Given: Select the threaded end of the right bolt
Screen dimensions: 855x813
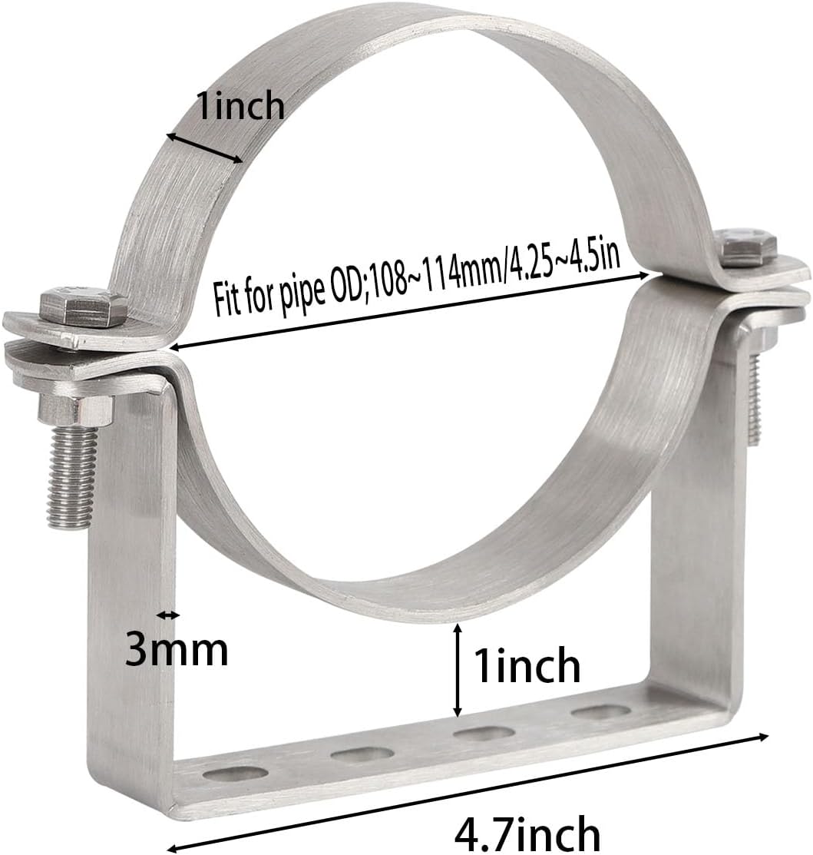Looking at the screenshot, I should coord(754,399).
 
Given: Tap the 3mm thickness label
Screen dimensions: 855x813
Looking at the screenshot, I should coord(177,651).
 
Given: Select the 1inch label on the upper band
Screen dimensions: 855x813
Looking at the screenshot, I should coord(240,106).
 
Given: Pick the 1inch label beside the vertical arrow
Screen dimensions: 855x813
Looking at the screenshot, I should coord(527,665).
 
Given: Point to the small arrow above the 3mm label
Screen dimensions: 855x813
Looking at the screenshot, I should coord(168,615).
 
